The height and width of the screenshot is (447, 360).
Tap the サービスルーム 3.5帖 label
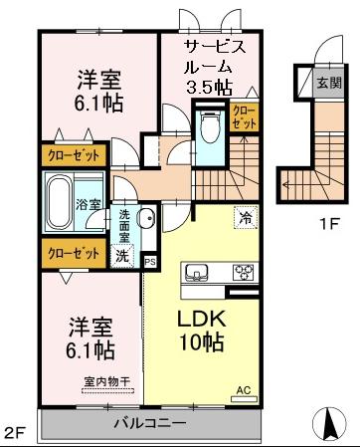tap(212, 65)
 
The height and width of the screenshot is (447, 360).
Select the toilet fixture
tap(210, 128)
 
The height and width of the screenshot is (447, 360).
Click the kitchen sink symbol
tap(194, 271)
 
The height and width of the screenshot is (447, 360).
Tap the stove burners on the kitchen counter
tap(243, 271)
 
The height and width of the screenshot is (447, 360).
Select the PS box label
tap(150, 262)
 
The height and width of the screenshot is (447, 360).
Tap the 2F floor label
tap(14, 433)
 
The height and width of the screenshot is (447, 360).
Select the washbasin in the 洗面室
tap(146, 219)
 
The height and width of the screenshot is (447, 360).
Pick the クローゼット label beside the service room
tap(243, 114)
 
